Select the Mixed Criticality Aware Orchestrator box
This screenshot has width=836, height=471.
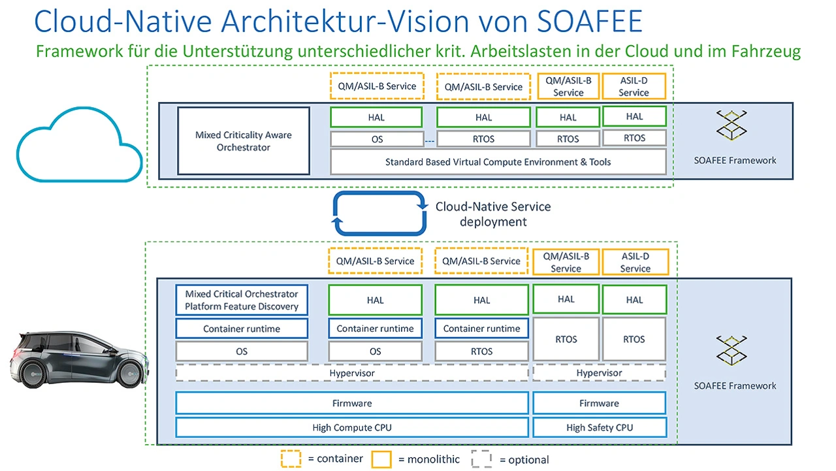243,141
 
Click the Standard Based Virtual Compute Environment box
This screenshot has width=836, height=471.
498,161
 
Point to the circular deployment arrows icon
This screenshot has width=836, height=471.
377,213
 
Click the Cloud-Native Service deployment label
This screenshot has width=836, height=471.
493,214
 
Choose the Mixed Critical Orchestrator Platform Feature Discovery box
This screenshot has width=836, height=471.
242,300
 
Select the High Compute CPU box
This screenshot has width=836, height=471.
351,428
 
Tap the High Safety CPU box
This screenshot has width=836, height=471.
599,428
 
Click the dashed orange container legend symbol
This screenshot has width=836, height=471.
291,459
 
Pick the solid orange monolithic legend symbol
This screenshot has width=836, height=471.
381,459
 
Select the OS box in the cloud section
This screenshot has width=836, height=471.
377,139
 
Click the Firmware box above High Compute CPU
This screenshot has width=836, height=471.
351,403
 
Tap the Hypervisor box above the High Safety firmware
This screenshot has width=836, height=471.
599,373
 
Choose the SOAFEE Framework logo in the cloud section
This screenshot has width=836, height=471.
731,126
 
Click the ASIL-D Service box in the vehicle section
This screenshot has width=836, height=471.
635,262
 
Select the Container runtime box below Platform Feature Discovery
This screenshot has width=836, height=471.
242,329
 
